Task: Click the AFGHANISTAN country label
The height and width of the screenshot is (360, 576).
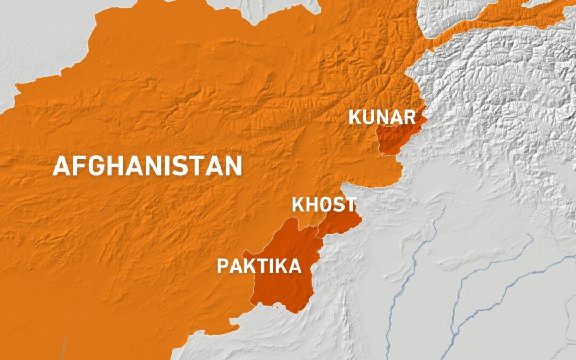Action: (147, 166)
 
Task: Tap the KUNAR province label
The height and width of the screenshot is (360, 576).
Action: (383, 116)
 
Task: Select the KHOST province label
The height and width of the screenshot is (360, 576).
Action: (324, 205)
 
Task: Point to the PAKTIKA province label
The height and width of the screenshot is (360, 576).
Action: (259, 266)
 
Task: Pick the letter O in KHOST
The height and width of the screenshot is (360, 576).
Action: (324, 205)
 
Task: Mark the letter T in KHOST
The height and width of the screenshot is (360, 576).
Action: (350, 205)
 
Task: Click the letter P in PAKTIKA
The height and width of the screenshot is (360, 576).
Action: (222, 266)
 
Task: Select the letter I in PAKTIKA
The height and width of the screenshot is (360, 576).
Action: (271, 266)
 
